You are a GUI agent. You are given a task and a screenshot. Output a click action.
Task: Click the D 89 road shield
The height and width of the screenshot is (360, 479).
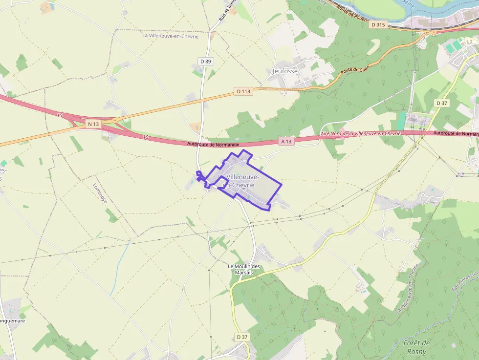pos(206,61)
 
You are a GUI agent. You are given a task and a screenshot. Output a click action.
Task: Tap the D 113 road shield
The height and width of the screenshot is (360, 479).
pos(243,91)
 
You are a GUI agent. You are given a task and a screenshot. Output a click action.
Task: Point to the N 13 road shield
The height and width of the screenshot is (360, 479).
pos(93,124)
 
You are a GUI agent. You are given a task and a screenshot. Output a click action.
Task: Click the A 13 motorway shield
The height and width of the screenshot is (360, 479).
pos(286,141)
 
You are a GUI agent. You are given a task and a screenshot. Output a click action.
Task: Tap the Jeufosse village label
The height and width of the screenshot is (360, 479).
pos(284,71)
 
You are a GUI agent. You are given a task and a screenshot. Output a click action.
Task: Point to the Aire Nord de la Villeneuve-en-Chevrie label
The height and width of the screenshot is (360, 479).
pos(360,133)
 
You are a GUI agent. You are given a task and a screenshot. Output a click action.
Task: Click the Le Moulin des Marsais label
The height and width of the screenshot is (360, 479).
pos(244,269)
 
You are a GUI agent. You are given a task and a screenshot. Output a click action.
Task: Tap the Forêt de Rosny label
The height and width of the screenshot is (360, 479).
pos(416,347)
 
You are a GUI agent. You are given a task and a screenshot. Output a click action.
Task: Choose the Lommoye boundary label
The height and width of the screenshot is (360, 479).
pos(100,193)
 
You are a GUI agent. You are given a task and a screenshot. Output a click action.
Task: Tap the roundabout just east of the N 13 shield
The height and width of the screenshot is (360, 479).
pos(115,120)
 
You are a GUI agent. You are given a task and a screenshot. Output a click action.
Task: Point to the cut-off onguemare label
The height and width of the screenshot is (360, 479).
pos(12,321)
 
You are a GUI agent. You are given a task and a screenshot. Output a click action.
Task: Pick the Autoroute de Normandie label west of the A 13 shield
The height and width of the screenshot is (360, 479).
pos(213,144)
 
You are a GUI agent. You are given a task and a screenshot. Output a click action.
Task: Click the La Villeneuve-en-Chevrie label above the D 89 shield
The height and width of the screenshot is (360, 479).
pos(170,36)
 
